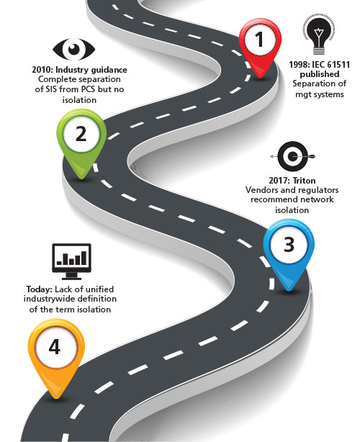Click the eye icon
click(74, 49)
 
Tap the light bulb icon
click(319, 36)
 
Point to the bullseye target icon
click(292, 156)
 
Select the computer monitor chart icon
click(71, 261)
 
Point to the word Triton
click(304, 181)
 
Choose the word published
click(320, 74)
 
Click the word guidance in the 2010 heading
click(109, 70)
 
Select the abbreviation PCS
click(89, 89)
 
